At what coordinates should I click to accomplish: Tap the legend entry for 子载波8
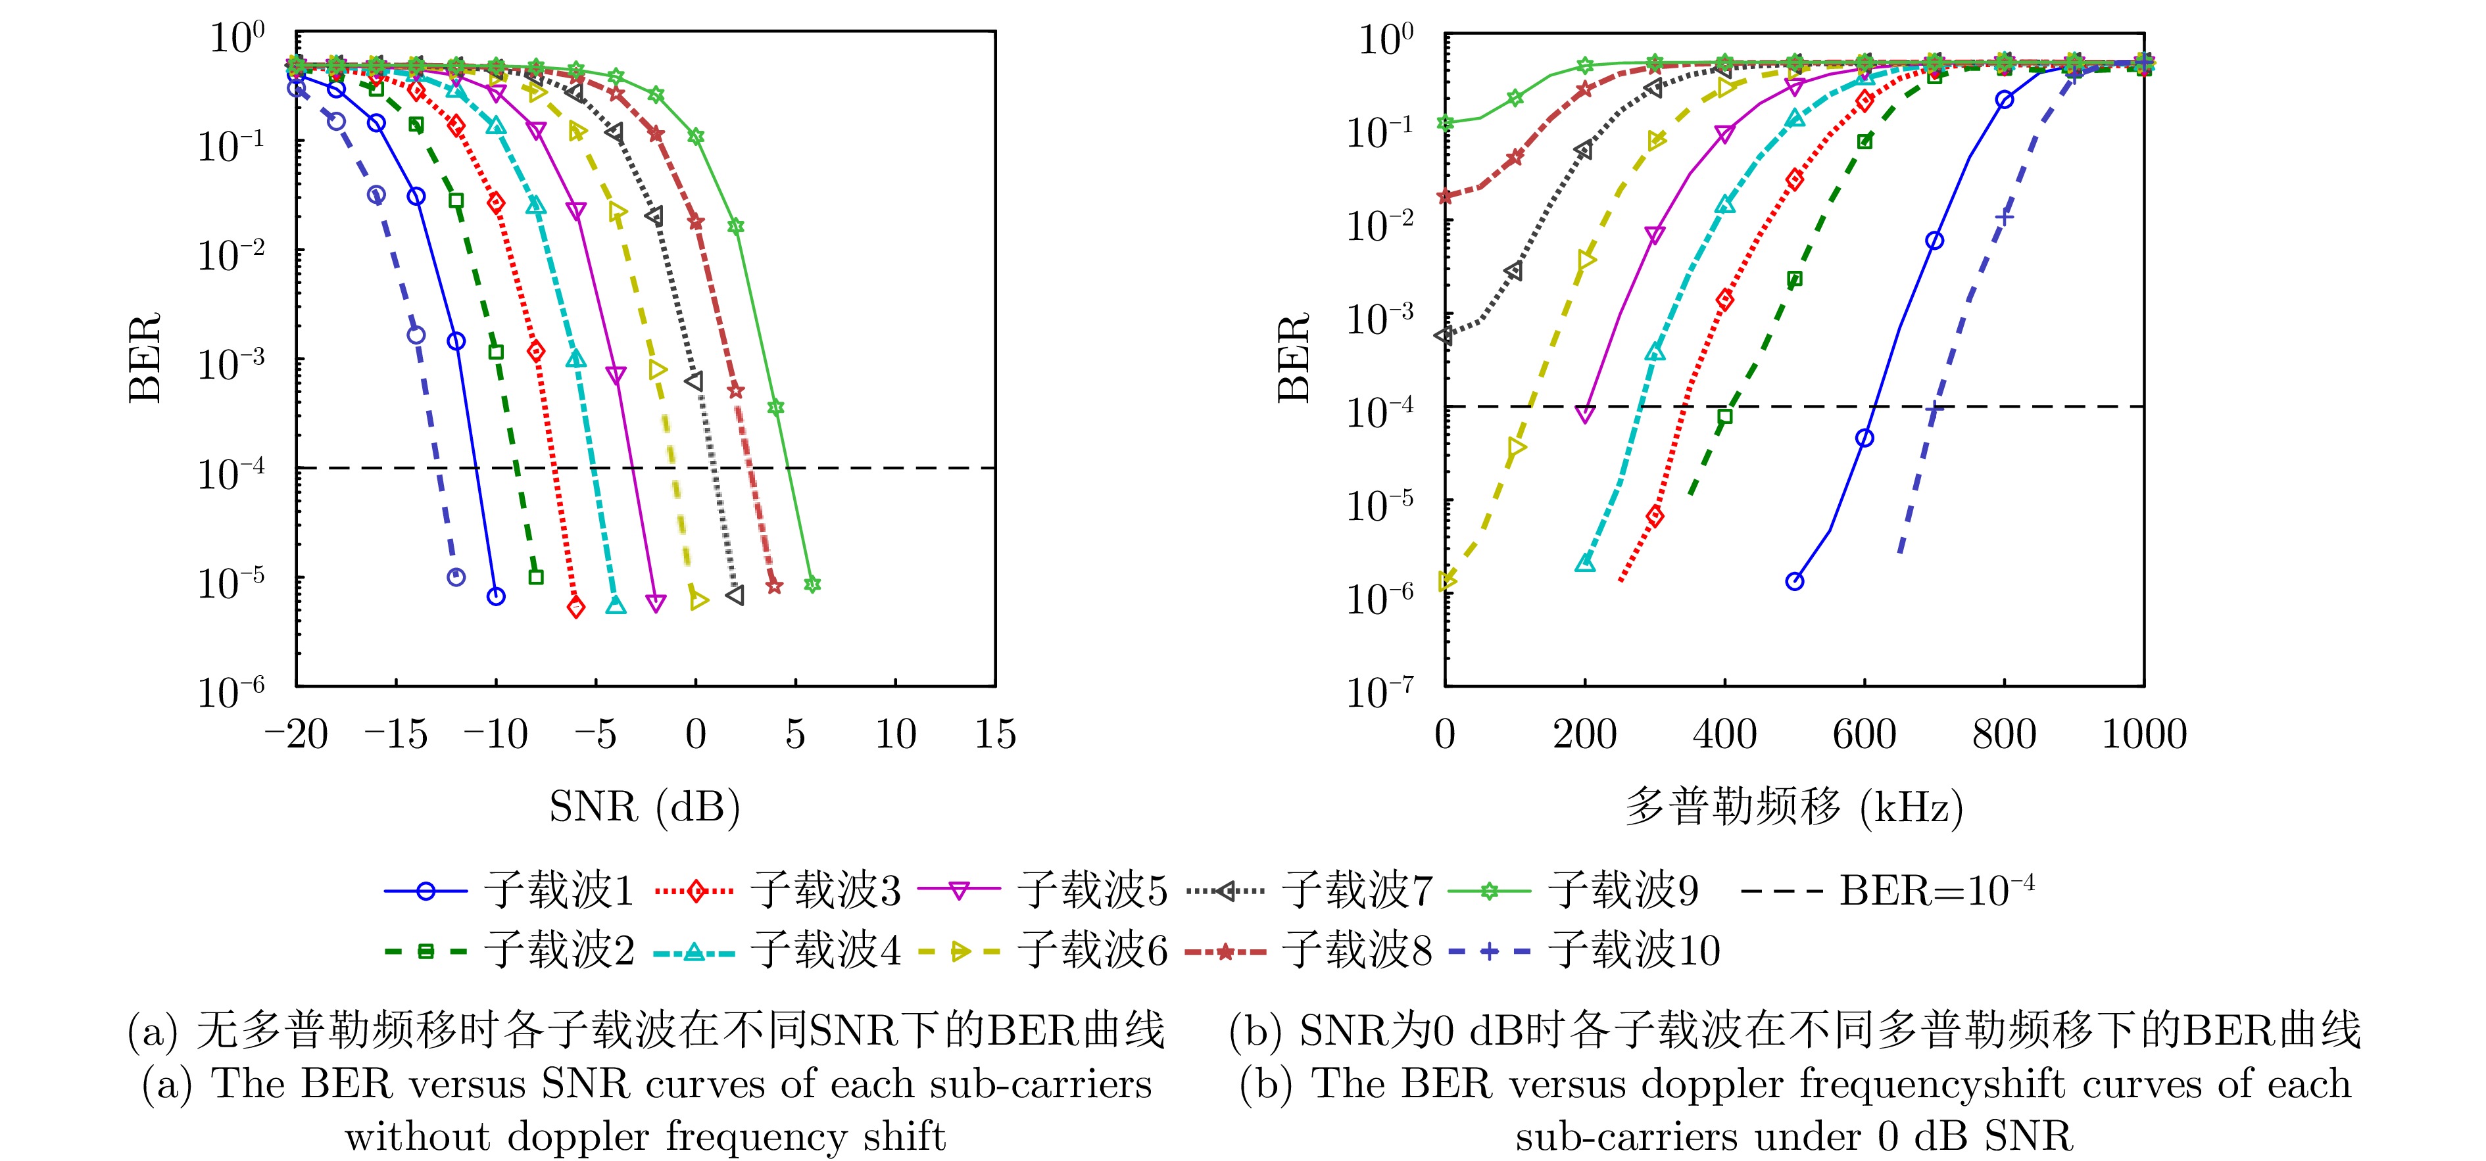pyautogui.click(x=1356, y=951)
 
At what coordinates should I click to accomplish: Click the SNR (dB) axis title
pyautogui.click(x=644, y=806)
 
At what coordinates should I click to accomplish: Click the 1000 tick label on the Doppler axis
pyautogui.click(x=2143, y=736)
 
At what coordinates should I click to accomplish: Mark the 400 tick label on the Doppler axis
pyautogui.click(x=1724, y=736)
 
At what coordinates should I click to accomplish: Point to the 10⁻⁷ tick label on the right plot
pyautogui.click(x=1380, y=691)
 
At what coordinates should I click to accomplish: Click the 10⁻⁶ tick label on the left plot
pyautogui.click(x=232, y=691)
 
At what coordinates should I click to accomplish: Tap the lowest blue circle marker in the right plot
pyautogui.click(x=1794, y=582)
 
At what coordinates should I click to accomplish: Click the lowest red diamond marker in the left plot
pyautogui.click(x=576, y=608)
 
